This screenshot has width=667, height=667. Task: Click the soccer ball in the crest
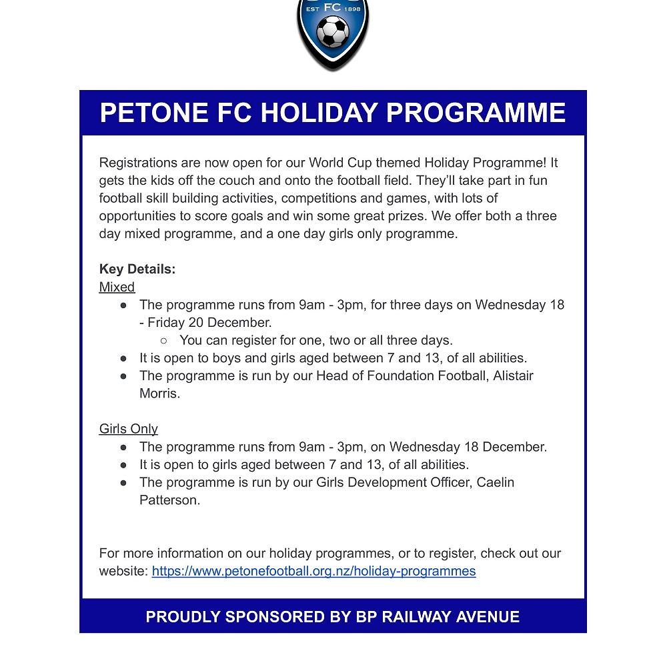pyautogui.click(x=332, y=31)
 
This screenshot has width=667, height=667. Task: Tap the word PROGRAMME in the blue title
pyautogui.click(x=476, y=113)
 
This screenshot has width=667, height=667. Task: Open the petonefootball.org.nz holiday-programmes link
pyautogui.click(x=313, y=571)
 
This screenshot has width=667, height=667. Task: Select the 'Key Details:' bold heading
pyautogui.click(x=137, y=269)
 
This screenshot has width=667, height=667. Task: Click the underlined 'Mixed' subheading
pyautogui.click(x=117, y=287)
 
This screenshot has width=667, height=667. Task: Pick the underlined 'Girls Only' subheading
pyautogui.click(x=129, y=429)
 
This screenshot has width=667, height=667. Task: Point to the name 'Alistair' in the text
pyautogui.click(x=513, y=376)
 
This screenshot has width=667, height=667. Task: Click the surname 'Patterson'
pyautogui.click(x=169, y=500)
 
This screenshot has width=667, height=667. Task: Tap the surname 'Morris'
pyautogui.click(x=159, y=393)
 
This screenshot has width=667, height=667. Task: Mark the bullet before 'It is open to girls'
pyautogui.click(x=123, y=465)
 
